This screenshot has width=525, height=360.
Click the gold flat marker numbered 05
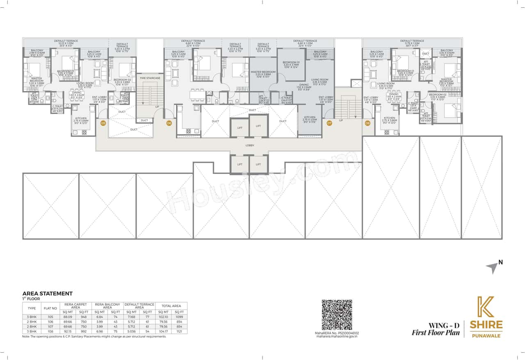pos(103,123)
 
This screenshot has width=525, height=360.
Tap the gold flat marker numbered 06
pos(169,123)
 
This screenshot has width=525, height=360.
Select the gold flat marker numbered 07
pos(329,123)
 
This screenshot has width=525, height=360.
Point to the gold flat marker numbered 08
pos(367,123)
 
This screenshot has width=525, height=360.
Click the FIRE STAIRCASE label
pos(150,77)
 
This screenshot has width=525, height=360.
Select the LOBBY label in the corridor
pos(249,146)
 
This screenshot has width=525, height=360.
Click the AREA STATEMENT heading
pos(47,294)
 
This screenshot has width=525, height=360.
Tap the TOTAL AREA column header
pos(171,306)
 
